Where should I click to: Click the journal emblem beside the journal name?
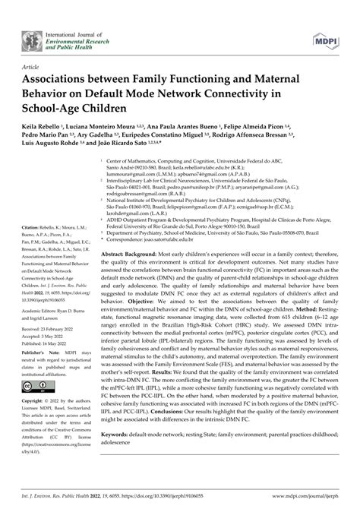31,39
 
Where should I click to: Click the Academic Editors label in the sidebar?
44,310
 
